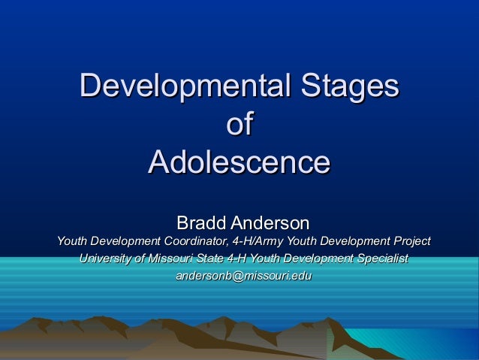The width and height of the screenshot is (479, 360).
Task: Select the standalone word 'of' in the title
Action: (x=239, y=124)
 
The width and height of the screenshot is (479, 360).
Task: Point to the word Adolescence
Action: (x=239, y=162)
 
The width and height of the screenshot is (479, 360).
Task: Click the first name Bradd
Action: (x=201, y=222)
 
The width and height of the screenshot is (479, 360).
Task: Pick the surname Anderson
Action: (x=270, y=222)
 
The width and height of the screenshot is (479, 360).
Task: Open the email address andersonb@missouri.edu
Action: (x=243, y=277)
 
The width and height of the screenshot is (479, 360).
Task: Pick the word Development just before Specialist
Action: (x=322, y=259)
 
